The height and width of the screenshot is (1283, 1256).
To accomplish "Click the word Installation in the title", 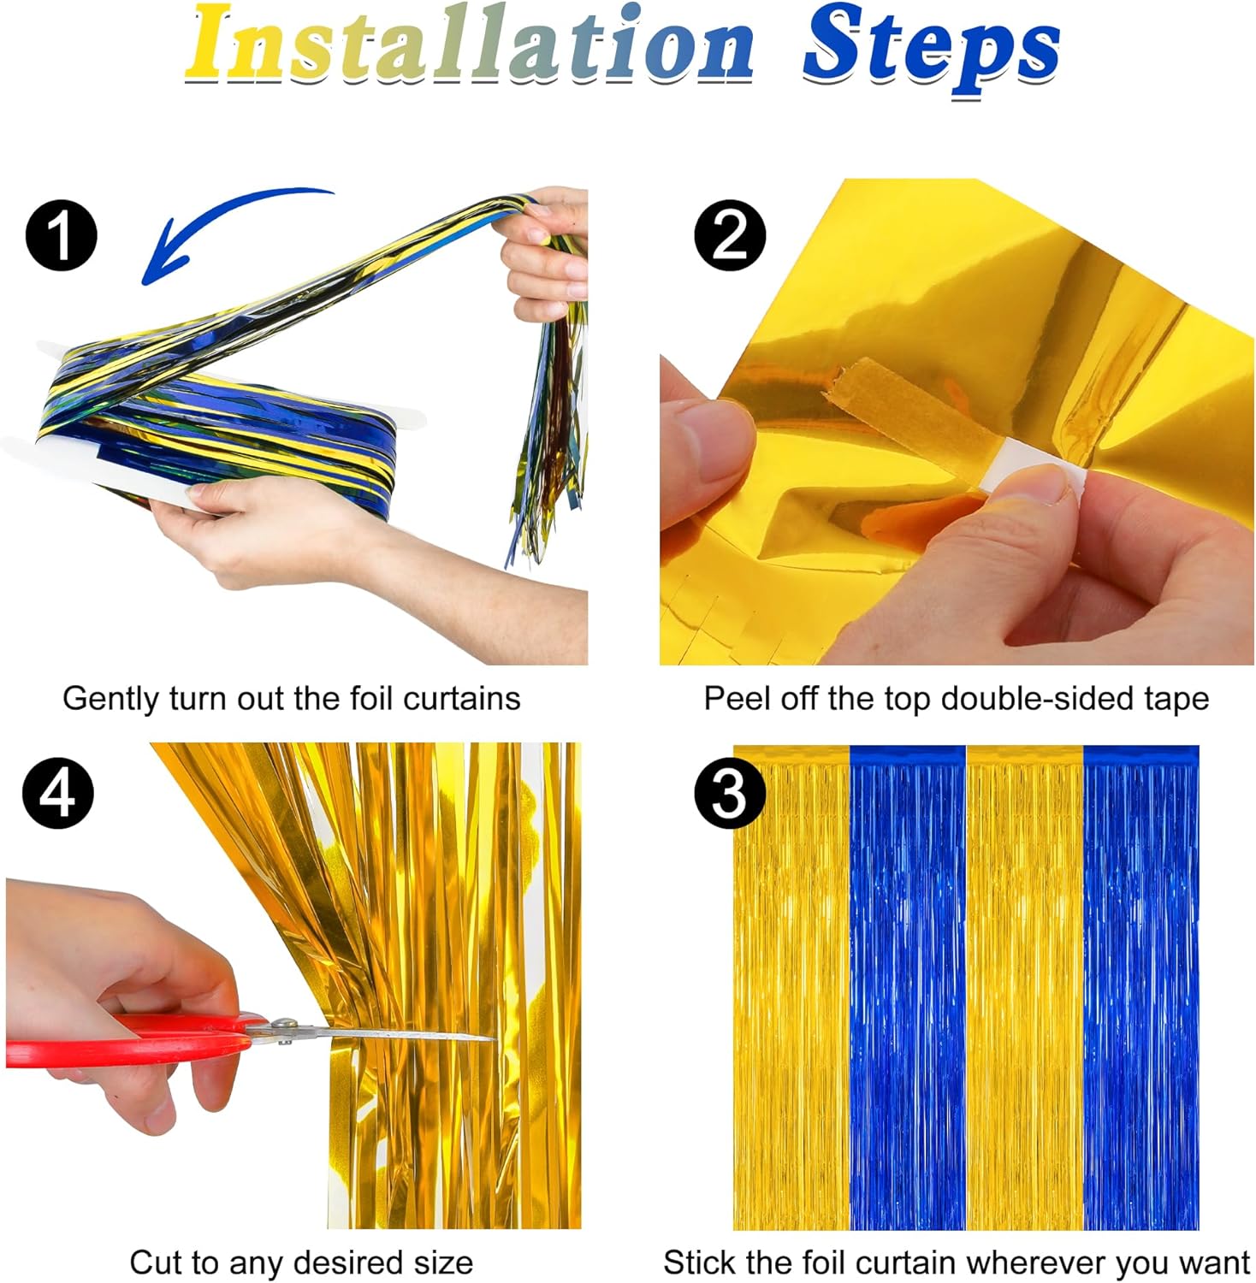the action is pos(470,43).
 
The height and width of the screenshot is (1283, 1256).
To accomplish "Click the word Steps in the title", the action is pos(932,50).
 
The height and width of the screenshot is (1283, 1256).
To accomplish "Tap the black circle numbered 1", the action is pos(61,235).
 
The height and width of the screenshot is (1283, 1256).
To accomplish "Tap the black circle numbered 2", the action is pos(730,235).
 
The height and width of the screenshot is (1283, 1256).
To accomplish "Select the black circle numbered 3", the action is pos(730,793).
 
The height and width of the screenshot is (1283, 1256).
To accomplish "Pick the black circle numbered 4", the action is pos(58,793).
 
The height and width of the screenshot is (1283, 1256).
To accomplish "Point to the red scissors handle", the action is pos(128,1039).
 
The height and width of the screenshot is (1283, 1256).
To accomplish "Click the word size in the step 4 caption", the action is pos(441,1262).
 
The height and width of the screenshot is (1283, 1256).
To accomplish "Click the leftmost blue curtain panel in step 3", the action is pos(908,988).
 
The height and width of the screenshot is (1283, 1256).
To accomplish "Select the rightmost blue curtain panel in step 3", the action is pos(1141,988).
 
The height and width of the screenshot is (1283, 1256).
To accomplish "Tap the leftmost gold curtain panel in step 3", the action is pos(791,988).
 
